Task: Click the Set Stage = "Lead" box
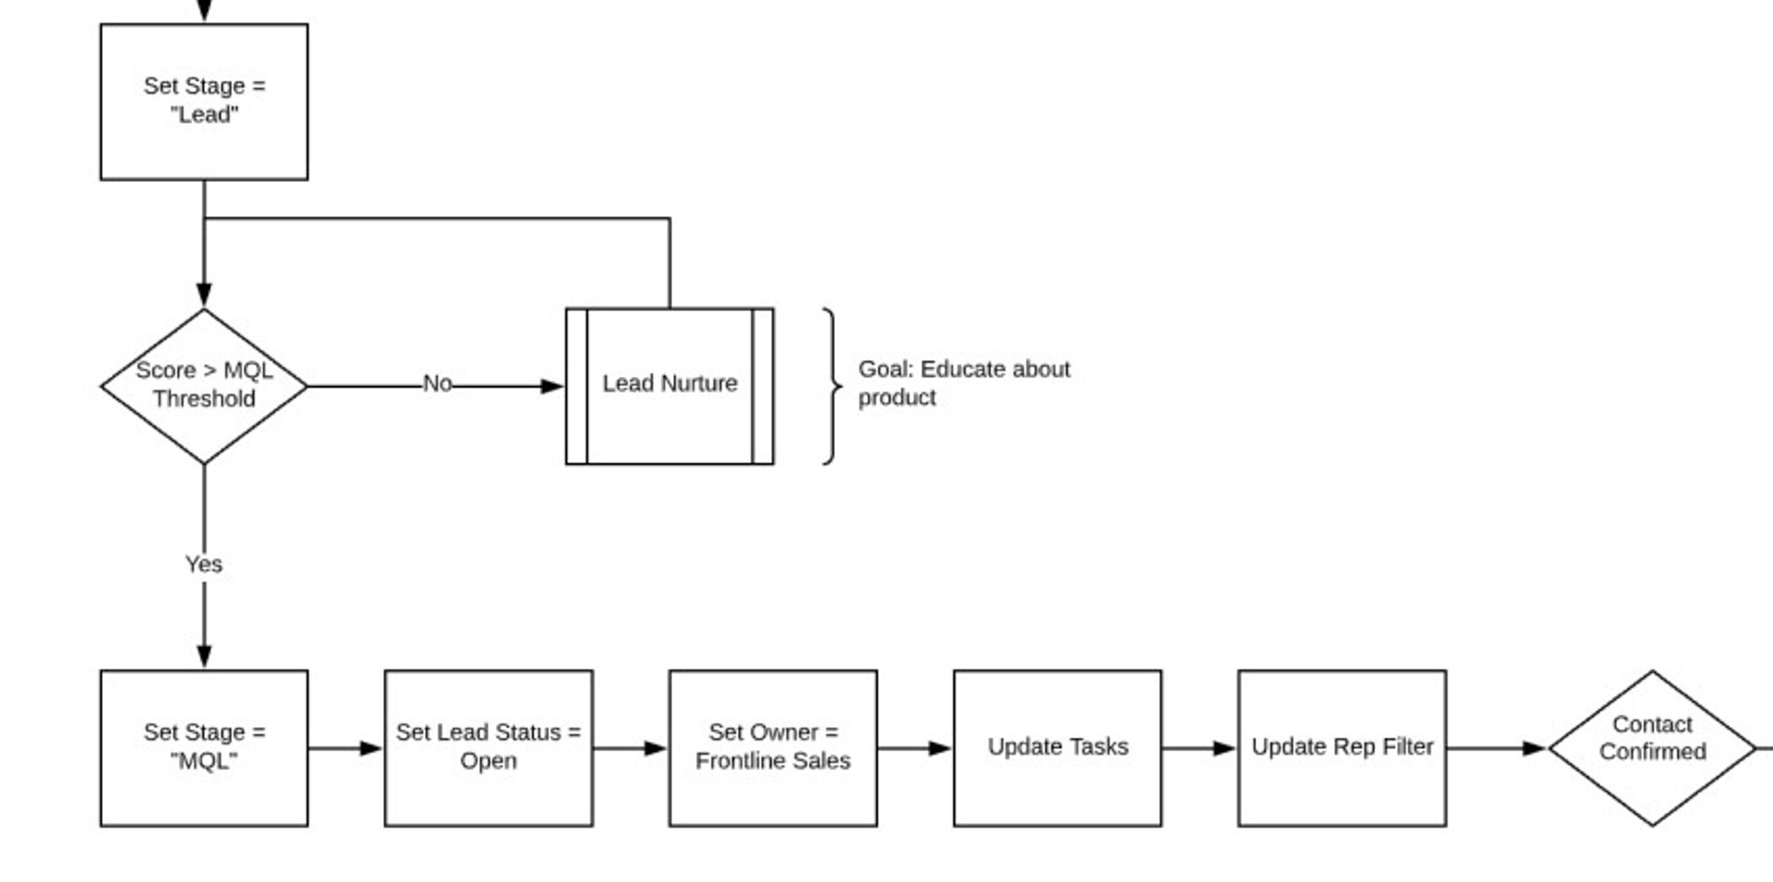click(x=204, y=102)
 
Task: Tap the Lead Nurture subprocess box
click(x=669, y=385)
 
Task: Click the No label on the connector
click(x=437, y=383)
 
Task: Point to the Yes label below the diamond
click(x=203, y=563)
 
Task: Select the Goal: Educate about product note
click(x=963, y=383)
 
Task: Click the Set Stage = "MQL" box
click(x=204, y=747)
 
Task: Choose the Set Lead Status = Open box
click(x=488, y=747)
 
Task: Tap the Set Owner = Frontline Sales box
click(x=773, y=747)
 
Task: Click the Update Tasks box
click(x=1057, y=747)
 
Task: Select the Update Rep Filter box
click(x=1342, y=747)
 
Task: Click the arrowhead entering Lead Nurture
click(x=552, y=386)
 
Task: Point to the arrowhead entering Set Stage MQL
click(x=204, y=657)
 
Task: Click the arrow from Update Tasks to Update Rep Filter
click(x=1199, y=748)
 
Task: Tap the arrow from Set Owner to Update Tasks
click(x=914, y=748)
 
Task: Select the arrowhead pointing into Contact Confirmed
click(x=1535, y=748)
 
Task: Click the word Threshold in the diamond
click(x=204, y=399)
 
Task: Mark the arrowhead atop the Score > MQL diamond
click(x=204, y=295)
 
